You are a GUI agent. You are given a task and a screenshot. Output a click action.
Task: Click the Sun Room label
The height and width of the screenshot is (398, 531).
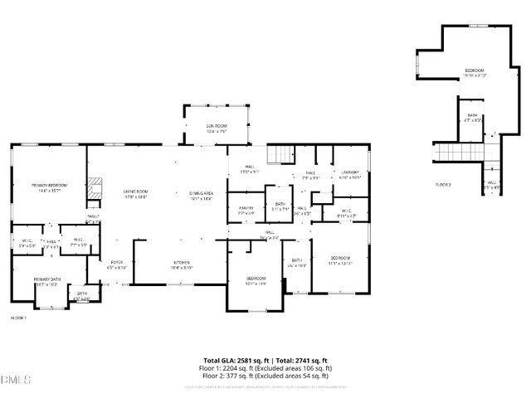point(217,128)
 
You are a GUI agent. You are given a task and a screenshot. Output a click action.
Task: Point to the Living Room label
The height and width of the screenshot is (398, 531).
point(135,194)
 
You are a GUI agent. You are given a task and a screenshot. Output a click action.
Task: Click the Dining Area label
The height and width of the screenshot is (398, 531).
point(202,194)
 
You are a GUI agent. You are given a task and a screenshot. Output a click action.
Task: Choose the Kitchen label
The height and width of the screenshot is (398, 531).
point(181,265)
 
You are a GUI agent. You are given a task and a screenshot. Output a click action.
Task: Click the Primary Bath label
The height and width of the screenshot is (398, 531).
point(46,281)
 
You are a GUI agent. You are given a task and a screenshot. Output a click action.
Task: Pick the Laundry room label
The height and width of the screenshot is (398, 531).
point(350,174)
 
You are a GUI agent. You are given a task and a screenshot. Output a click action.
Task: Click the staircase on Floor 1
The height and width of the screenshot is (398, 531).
point(280,155)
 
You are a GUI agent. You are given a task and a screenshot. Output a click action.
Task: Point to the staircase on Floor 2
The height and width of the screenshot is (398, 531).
point(465,153)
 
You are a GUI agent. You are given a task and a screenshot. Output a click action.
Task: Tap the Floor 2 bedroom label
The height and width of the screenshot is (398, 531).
point(475,72)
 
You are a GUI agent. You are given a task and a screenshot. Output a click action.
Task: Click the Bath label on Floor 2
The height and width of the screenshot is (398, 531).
point(472,118)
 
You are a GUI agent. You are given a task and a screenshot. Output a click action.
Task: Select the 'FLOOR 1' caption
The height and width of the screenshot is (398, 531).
point(18,318)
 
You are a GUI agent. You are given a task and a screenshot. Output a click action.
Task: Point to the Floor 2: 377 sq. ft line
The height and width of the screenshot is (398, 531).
point(268,375)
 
